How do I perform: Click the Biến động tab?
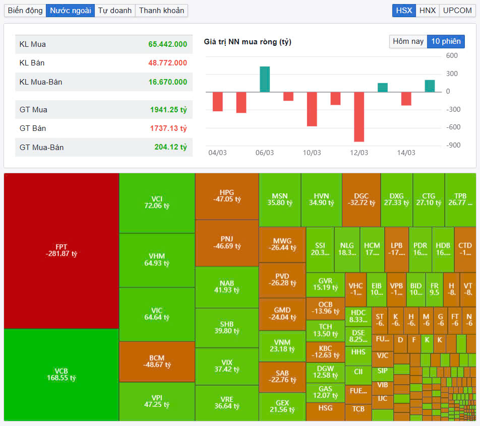point(25,11)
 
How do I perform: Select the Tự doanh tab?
point(115,11)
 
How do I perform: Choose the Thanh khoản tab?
point(162,11)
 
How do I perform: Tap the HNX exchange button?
point(428,11)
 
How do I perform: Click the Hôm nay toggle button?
point(408,41)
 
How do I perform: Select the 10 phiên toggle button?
point(446,41)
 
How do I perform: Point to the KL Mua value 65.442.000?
point(167,44)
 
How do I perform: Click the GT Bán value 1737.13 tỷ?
point(168,128)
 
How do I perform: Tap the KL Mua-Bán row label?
point(41,82)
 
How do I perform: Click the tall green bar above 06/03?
point(265,79)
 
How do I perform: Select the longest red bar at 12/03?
point(359,116)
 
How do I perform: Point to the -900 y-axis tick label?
point(453,146)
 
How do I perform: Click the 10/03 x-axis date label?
point(312,153)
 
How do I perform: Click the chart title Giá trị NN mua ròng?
point(248,42)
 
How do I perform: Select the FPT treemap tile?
point(62,250)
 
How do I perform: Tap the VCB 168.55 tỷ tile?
point(62,375)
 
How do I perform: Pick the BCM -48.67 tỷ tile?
point(157,361)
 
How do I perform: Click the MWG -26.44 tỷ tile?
point(282,244)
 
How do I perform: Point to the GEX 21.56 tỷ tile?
point(282,406)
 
